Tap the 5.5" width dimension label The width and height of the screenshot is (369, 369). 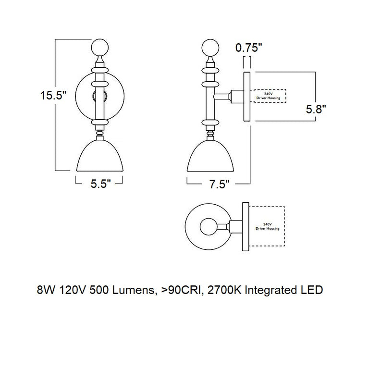(101, 184)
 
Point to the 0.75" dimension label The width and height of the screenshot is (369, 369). (248, 48)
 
